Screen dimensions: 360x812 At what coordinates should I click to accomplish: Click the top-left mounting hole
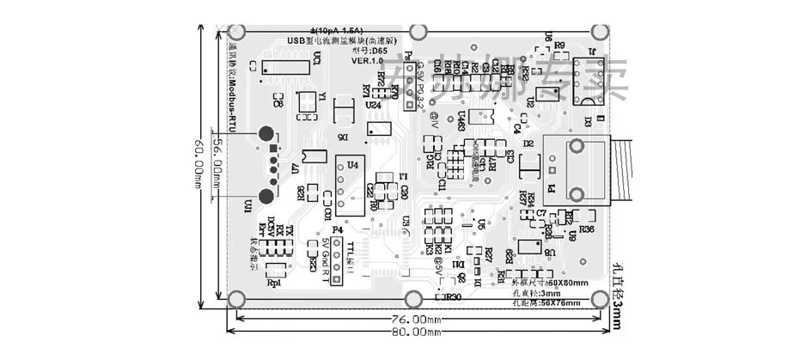pyautogui.click(x=240, y=33)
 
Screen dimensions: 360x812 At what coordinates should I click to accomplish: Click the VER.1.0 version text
pyautogui.click(x=367, y=62)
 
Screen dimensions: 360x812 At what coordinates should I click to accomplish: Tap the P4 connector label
pyautogui.click(x=337, y=230)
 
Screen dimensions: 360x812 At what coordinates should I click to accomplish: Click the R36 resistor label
pyautogui.click(x=588, y=229)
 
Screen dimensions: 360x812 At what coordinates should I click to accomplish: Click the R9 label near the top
pyautogui.click(x=559, y=45)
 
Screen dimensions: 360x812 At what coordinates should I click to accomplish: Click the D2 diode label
pyautogui.click(x=529, y=143)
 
